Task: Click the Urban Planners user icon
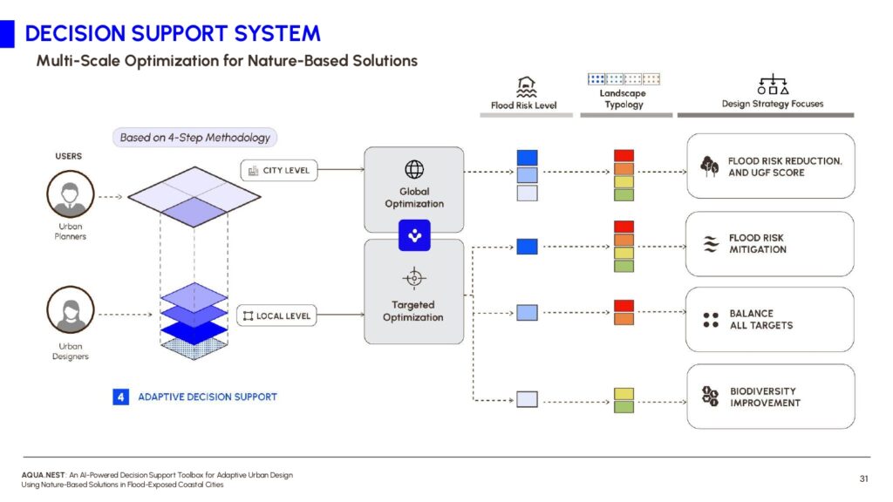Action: (70, 194)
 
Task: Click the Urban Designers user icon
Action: (70, 309)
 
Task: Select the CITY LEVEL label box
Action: (278, 170)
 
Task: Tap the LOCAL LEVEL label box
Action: (276, 315)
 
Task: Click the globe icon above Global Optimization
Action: (414, 169)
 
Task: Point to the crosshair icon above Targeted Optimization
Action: (414, 278)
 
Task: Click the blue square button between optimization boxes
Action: (414, 235)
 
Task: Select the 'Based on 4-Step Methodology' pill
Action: (194, 137)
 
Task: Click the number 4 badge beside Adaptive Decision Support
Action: (120, 397)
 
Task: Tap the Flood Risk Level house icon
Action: (526, 87)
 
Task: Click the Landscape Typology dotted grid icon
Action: (624, 79)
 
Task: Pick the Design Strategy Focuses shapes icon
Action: (773, 85)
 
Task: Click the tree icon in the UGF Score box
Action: (709, 166)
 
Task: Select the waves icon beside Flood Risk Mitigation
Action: (710, 244)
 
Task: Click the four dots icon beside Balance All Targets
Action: (710, 320)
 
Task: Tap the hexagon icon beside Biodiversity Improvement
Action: (710, 396)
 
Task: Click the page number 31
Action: (863, 478)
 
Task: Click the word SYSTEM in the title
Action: (277, 34)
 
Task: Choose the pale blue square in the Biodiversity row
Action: (527, 399)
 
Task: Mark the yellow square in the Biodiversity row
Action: (624, 394)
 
